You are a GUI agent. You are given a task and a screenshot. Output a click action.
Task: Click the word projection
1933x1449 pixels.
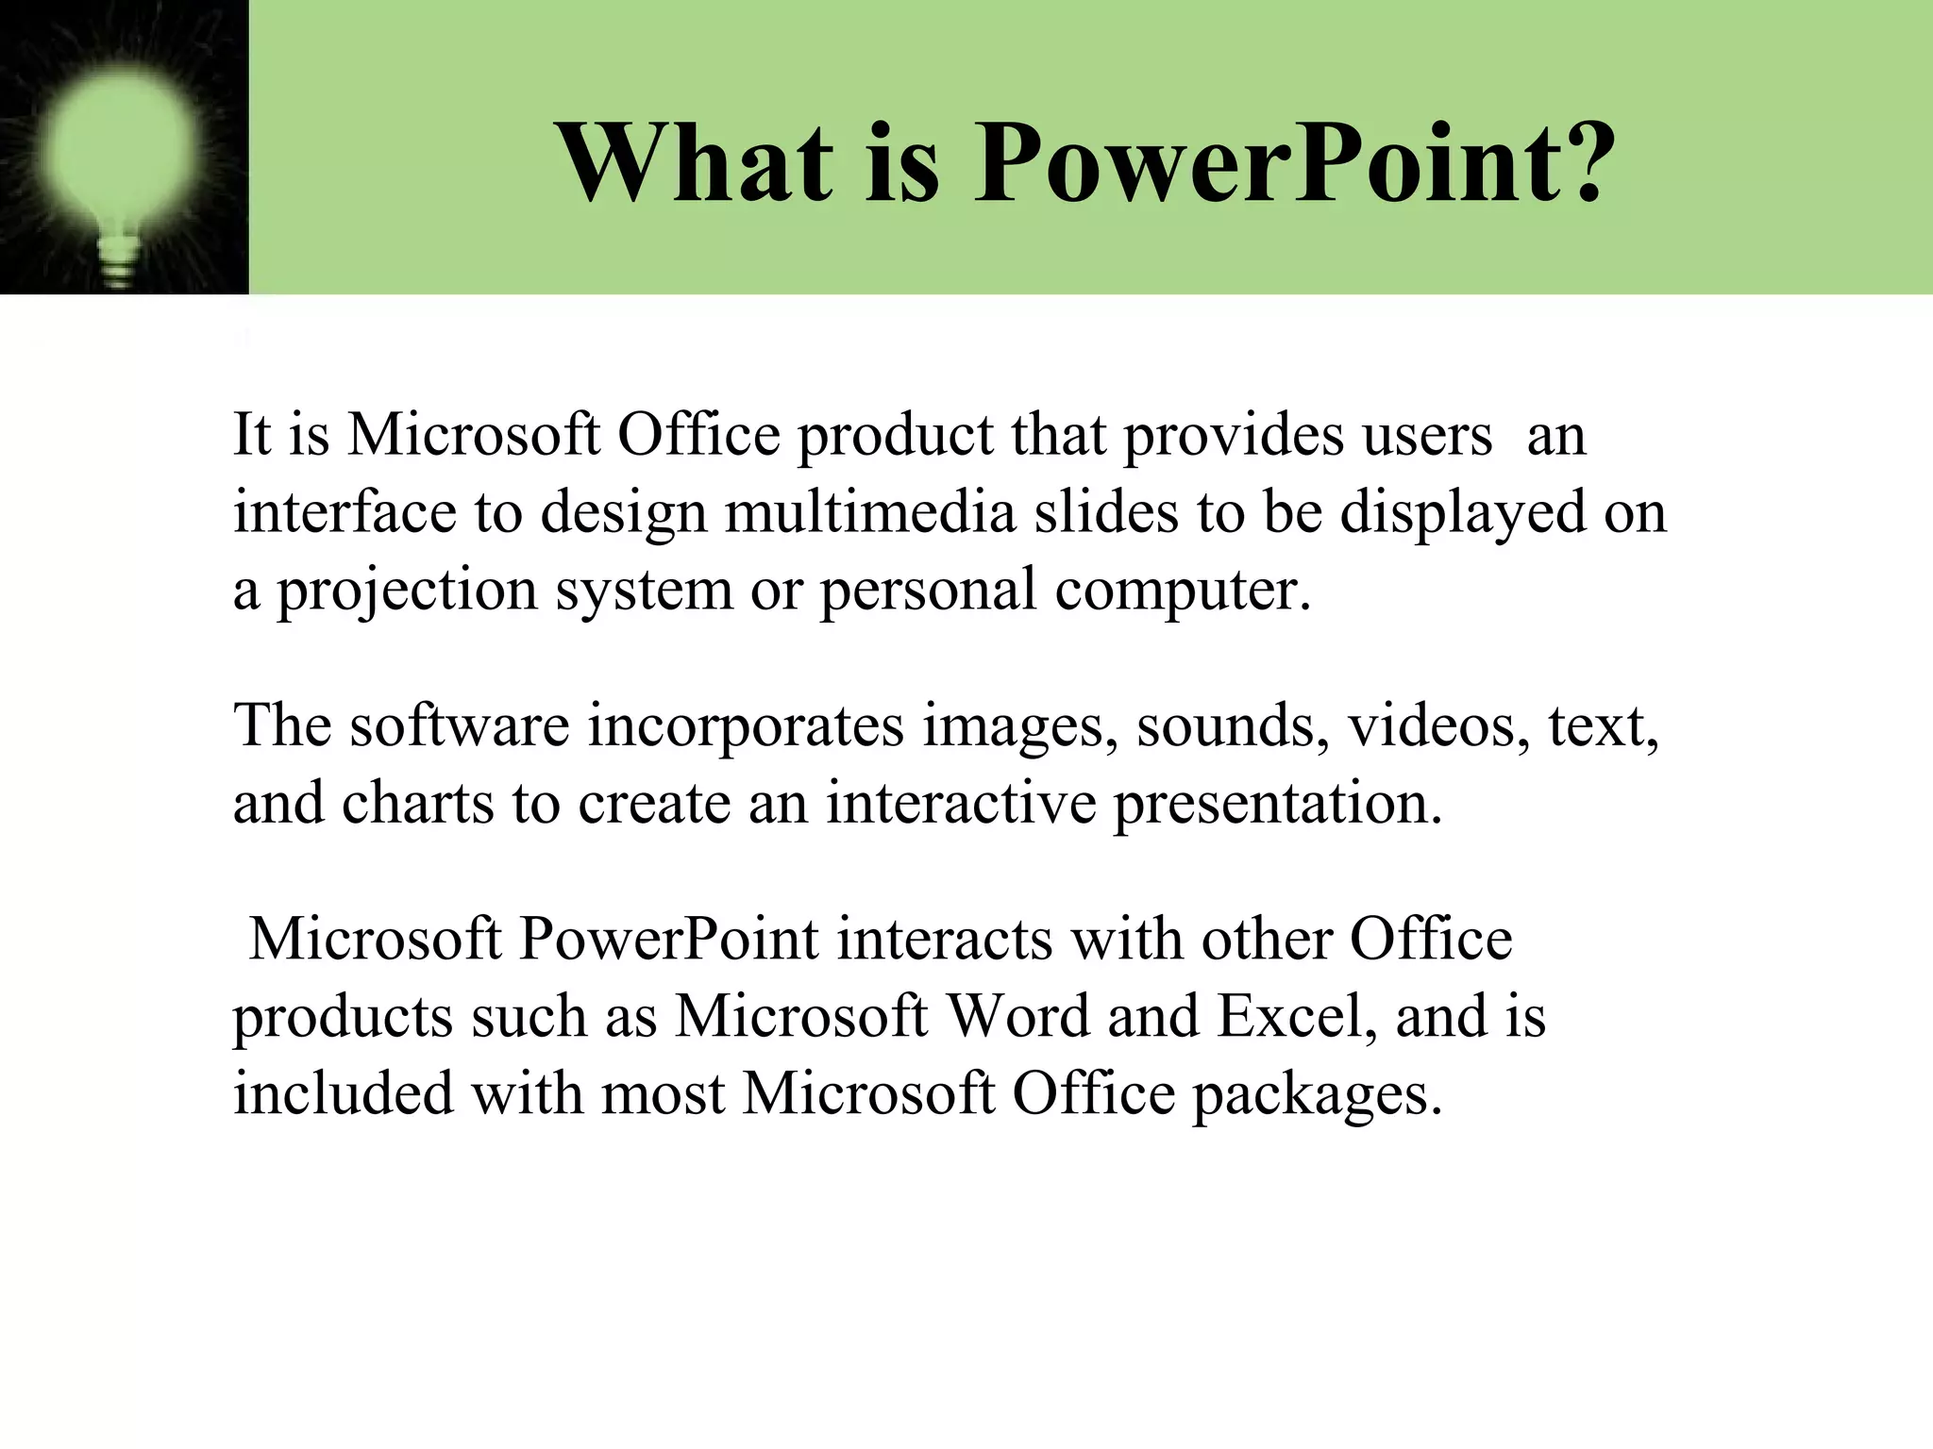(407, 591)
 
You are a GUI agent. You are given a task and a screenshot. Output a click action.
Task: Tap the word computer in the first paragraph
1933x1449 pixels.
(1182, 591)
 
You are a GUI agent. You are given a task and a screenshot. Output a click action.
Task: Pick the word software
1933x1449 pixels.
(459, 726)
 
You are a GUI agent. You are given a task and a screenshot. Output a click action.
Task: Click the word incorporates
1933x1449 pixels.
(746, 726)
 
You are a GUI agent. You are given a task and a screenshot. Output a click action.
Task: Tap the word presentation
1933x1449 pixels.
(1277, 805)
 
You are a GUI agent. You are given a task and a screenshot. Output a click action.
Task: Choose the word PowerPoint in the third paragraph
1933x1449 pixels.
(668, 940)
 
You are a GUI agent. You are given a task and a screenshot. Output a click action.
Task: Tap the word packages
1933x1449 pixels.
(1317, 1095)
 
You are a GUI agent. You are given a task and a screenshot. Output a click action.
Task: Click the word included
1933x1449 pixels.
(344, 1094)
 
